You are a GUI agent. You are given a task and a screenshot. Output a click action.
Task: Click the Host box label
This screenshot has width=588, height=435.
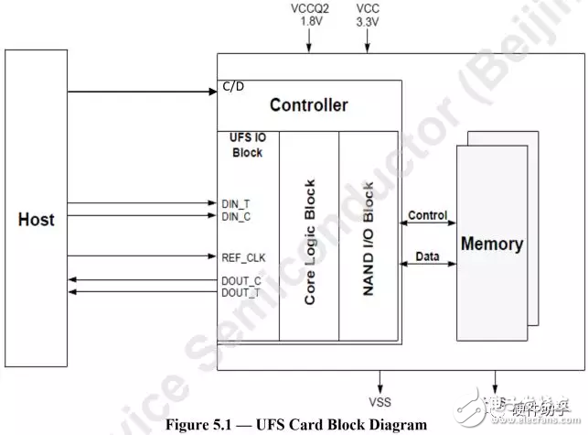(x=37, y=220)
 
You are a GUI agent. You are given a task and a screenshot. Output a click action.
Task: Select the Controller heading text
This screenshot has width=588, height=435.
(x=308, y=105)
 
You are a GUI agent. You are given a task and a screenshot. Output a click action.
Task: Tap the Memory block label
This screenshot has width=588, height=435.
(x=492, y=245)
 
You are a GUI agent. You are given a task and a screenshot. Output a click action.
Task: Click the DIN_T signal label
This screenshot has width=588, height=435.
(x=236, y=203)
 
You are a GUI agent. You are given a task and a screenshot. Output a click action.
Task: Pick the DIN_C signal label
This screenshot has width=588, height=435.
(x=236, y=216)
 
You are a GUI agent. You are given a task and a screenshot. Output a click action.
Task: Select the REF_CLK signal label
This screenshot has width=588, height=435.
(x=242, y=257)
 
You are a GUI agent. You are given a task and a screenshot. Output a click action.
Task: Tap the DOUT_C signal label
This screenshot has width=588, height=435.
(x=240, y=279)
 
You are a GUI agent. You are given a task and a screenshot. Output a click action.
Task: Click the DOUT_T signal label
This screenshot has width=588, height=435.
(x=240, y=292)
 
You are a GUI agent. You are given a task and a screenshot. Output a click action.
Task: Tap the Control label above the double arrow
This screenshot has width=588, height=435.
(x=427, y=217)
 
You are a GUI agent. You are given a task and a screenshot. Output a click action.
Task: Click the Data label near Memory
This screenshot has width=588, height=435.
(x=427, y=258)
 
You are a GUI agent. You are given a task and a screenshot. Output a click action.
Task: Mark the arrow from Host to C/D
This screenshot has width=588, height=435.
(x=137, y=92)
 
